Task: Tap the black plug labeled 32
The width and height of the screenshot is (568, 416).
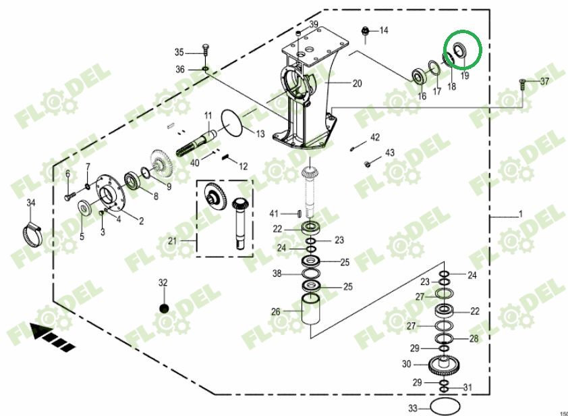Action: pos(163,309)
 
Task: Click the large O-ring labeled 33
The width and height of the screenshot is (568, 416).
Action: pos(442,407)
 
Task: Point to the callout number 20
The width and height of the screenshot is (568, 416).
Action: pos(357,84)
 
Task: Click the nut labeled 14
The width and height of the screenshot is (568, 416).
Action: pos(365,30)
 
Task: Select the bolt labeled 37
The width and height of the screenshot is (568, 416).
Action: pos(523,82)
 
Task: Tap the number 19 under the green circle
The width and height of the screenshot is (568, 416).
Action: pos(465,76)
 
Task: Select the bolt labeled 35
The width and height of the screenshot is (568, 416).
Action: pos(205,50)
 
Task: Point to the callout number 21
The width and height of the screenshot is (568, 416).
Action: pos(172,240)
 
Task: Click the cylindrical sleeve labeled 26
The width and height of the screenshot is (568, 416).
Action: pos(311,313)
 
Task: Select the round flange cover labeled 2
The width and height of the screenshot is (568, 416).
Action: pos(111,195)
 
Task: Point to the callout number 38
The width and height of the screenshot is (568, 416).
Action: pos(277,274)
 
